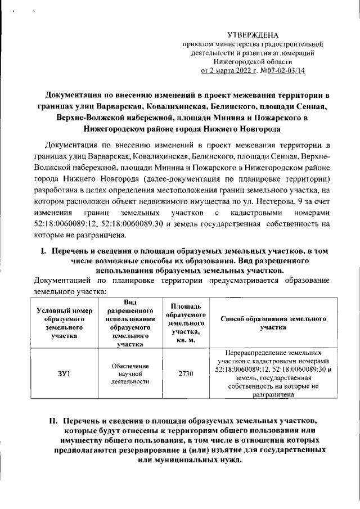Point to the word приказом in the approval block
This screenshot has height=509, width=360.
(x=196, y=44)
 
